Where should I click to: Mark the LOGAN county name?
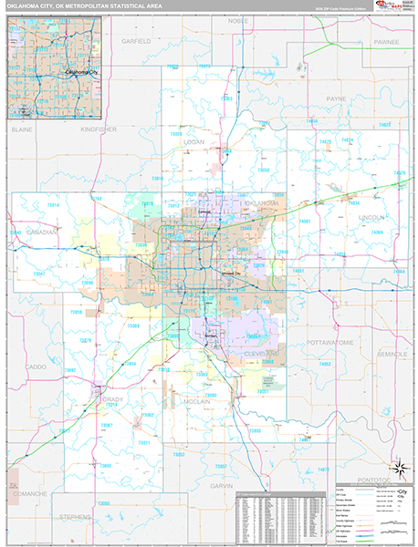[x=193, y=142]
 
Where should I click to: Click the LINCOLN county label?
[x=372, y=218]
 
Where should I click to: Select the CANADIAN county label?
[x=40, y=232]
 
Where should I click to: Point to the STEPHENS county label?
[x=76, y=516]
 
